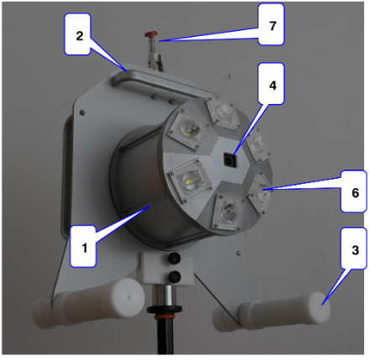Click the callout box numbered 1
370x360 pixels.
tap(83, 246)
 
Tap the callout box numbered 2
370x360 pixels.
tap(78, 34)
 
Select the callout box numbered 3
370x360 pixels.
tap(353, 248)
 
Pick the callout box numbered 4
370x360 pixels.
tap(271, 83)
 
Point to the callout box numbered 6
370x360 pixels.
tap(353, 191)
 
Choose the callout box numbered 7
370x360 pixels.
tap(271, 24)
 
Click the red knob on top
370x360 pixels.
tap(151, 34)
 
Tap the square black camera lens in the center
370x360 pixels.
tap(230, 160)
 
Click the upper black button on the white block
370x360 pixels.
tap(175, 258)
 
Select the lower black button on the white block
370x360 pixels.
tap(175, 276)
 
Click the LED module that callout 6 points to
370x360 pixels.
tap(260, 192)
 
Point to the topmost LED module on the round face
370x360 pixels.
tap(224, 114)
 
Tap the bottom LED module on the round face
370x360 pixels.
tap(228, 212)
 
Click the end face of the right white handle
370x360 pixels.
tap(321, 308)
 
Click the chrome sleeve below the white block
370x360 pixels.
tap(164, 296)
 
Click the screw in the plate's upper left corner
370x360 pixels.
tap(82, 112)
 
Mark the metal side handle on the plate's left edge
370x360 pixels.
tap(66, 179)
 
